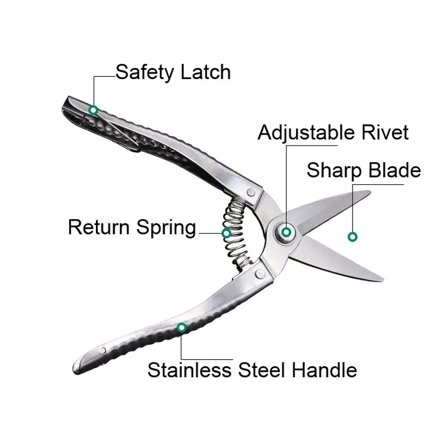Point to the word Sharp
pyautogui.click(x=334, y=170)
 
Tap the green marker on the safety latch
pyautogui.click(x=94, y=110)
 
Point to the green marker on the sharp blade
pyautogui.click(x=353, y=237)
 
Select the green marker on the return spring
pyautogui.click(x=226, y=233)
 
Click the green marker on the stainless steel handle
pyautogui.click(x=181, y=328)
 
